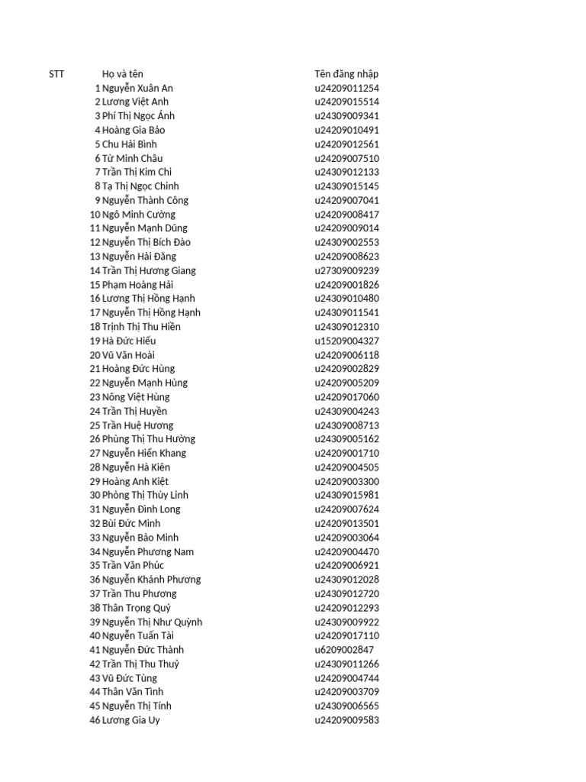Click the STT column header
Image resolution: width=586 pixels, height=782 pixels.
56,74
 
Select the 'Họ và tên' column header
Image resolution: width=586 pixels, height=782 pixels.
122,74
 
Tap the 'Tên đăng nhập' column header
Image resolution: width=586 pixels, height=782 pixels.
346,74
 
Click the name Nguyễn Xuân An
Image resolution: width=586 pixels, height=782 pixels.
137,88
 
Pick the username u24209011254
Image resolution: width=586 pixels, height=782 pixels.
346,88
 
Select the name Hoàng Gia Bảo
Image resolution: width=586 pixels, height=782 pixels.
134,130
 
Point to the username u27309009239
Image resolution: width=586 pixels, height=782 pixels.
346,270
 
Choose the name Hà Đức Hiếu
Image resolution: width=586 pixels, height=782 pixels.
129,341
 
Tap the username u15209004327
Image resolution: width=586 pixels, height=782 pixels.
346,341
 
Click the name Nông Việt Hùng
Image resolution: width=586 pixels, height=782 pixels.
136,397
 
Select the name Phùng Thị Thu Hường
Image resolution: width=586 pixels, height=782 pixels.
149,439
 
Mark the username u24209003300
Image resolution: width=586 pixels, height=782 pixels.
346,481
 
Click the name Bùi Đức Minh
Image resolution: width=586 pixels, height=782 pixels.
131,523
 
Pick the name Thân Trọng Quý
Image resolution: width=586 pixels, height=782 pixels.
137,608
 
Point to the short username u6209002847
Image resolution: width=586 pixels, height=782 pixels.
344,650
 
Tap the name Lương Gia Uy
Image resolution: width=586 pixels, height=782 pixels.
131,720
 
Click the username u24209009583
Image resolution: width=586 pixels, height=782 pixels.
346,720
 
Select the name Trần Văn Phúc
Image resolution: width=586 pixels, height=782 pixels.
133,565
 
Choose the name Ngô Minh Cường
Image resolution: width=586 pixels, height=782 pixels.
138,215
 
